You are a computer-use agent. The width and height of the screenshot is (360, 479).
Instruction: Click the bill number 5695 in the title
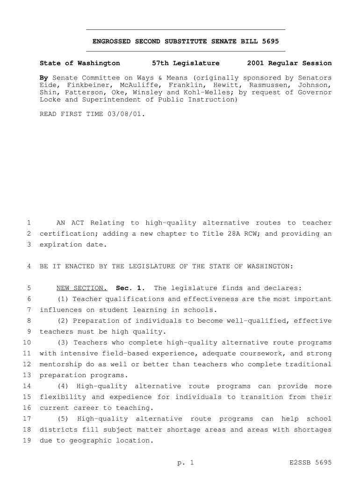[271, 42]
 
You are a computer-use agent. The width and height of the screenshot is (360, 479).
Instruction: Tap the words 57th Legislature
[186, 63]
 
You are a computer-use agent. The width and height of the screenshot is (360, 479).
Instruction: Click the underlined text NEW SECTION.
[81, 288]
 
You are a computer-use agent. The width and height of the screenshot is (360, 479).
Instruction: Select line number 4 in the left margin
[29, 266]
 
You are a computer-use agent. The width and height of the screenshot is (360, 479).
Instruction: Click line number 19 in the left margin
[26, 441]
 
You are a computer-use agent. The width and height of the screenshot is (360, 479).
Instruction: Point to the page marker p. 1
[186, 463]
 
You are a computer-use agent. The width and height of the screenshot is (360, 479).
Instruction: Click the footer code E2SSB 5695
[310, 463]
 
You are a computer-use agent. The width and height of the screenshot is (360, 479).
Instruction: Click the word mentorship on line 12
[60, 364]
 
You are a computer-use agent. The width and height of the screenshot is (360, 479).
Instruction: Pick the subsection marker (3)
[63, 342]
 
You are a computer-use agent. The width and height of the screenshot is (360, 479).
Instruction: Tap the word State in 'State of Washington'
[50, 63]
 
